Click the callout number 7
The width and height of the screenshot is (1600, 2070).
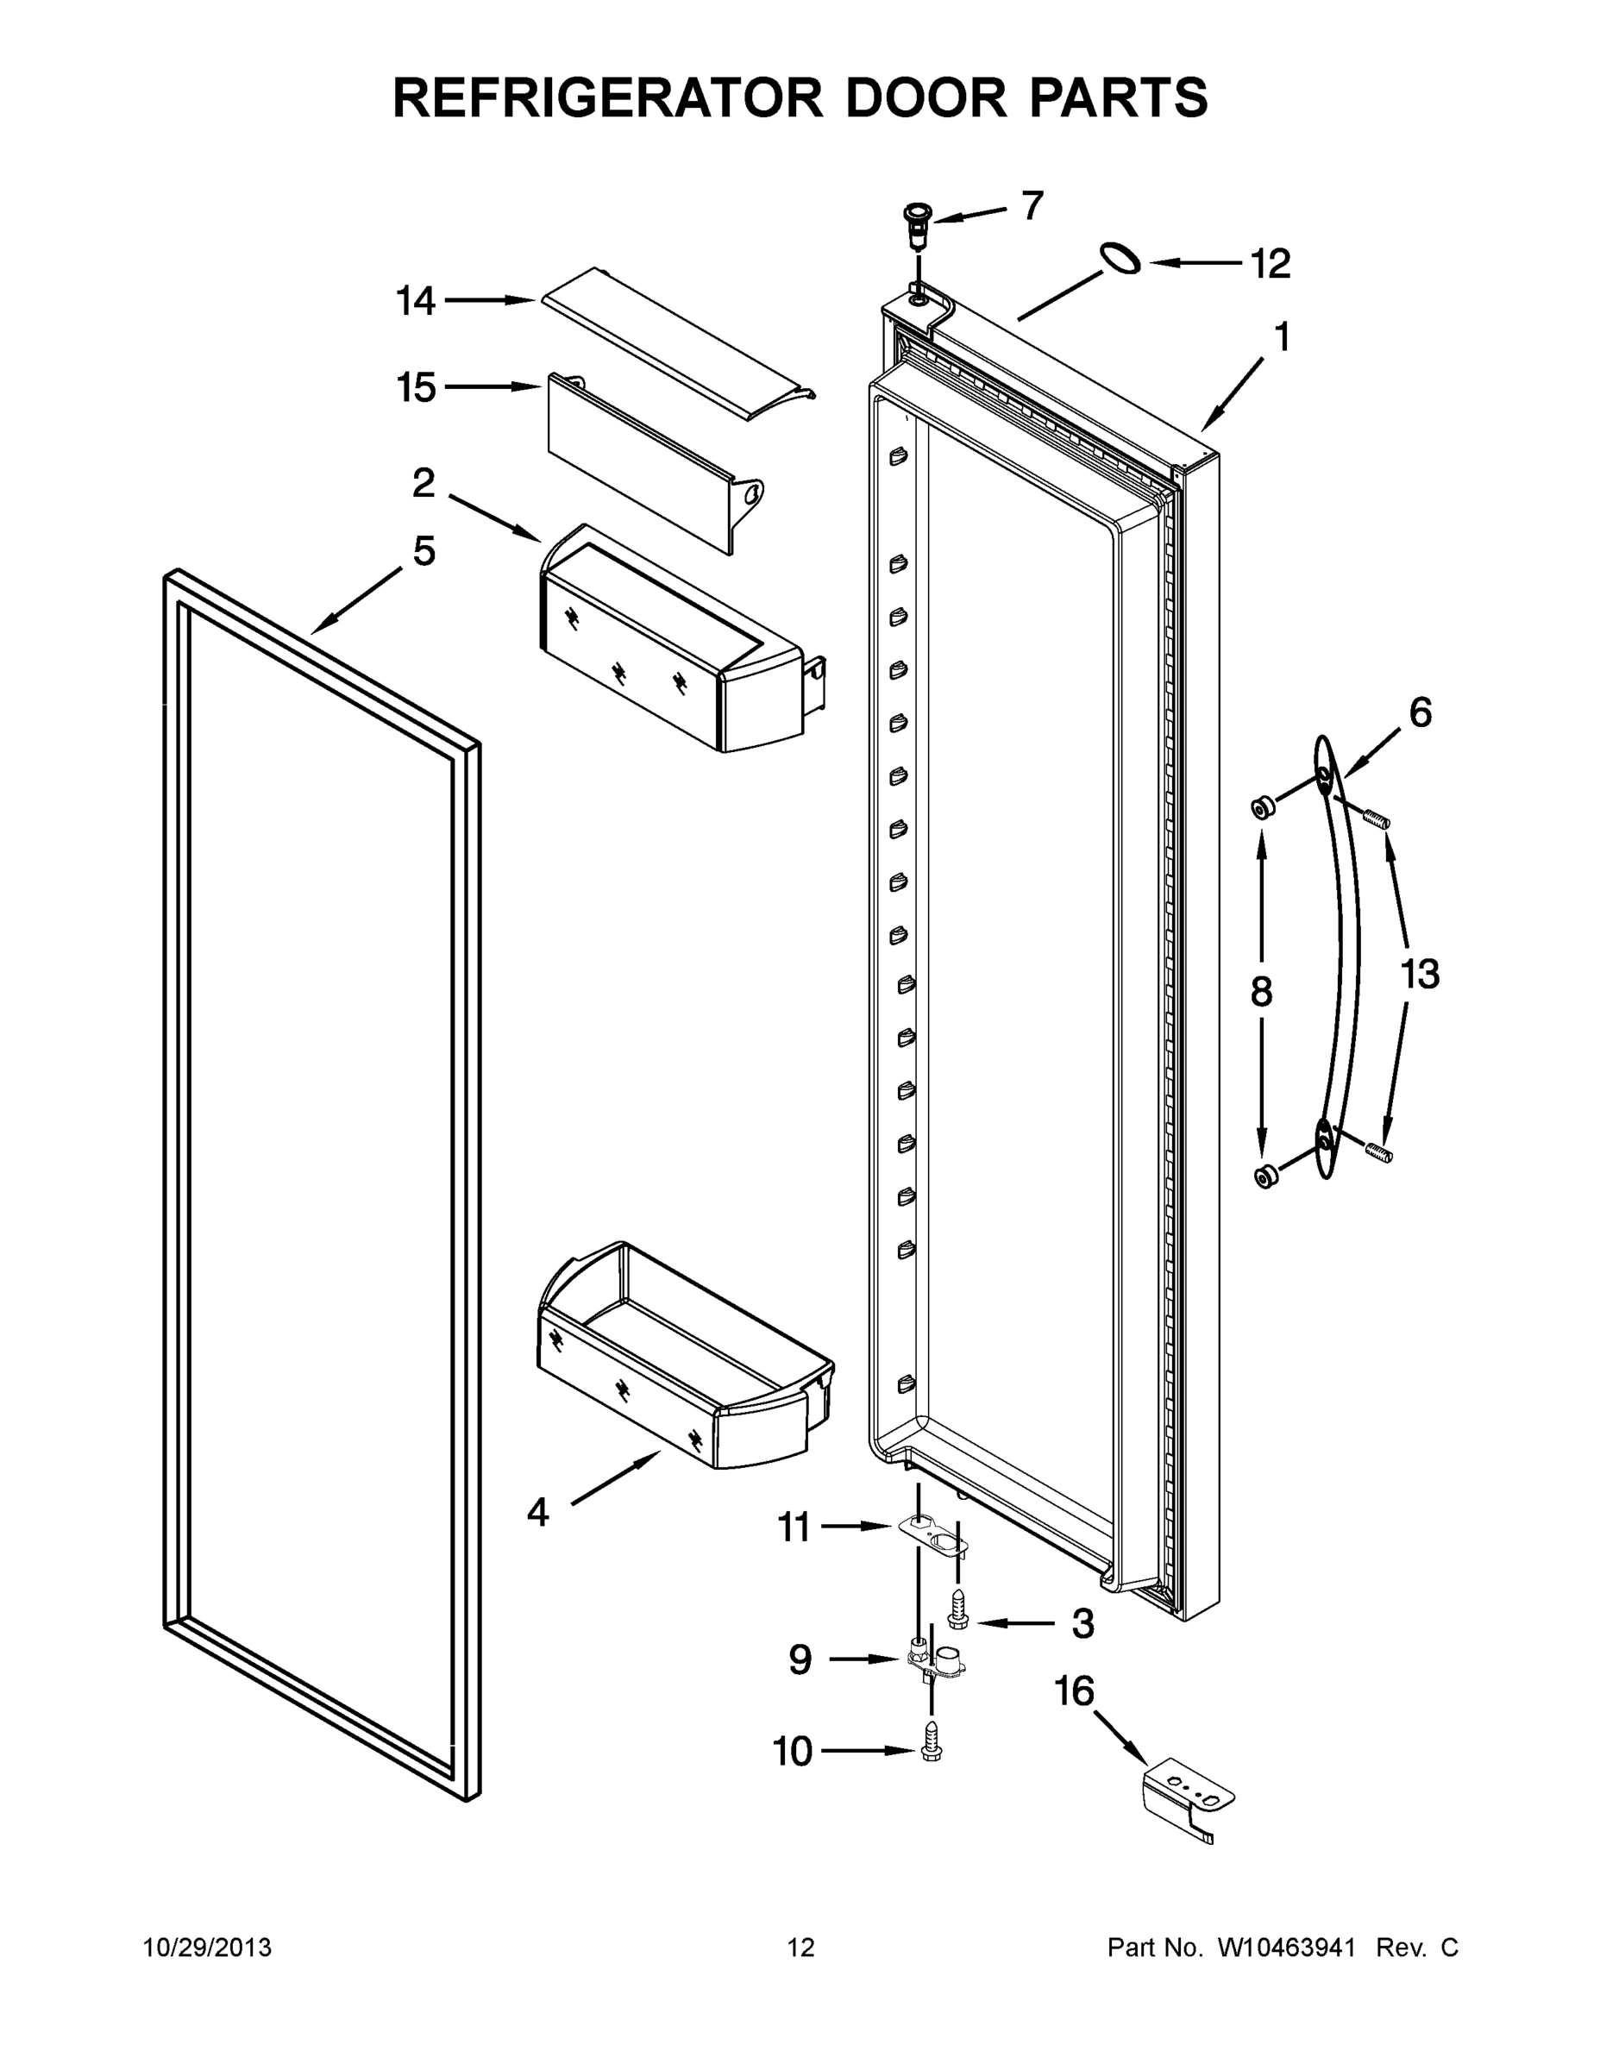(x=1032, y=204)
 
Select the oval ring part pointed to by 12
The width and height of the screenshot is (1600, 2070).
(x=1120, y=259)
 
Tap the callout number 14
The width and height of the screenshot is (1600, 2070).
(x=415, y=301)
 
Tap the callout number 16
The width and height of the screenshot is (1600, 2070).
(x=1075, y=1690)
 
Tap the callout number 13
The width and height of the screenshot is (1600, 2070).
(x=1420, y=974)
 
